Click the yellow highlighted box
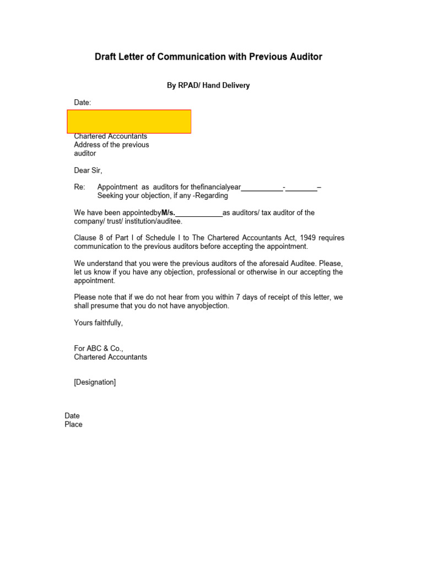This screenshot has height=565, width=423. tap(129, 121)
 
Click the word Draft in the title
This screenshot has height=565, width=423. tap(106, 57)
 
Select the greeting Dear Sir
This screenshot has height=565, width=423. tap(88, 170)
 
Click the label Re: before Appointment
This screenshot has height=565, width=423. tap(80, 187)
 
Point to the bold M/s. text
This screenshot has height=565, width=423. tap(168, 212)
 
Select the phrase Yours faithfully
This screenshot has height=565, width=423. tap(99, 323)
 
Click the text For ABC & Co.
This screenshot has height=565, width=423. tap(99, 348)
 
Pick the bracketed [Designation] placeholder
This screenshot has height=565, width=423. tap(95, 382)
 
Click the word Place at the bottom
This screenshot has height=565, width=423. tap(73, 424)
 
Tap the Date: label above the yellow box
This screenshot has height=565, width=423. tap(83, 103)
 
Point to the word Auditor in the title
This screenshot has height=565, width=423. tap(305, 57)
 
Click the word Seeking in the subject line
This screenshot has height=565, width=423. tap(111, 195)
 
